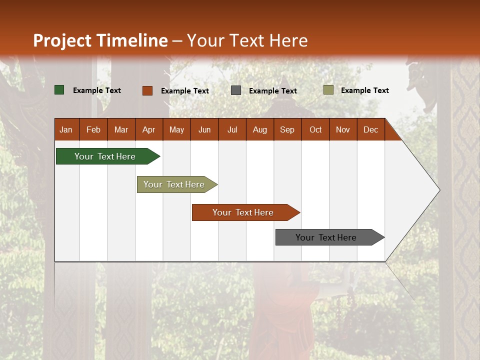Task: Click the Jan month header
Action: pos(66,129)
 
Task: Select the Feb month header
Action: pos(93,129)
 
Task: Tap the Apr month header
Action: pos(148,129)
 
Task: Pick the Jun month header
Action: pos(204,129)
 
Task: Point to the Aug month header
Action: pos(259,129)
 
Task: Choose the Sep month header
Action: pos(287,129)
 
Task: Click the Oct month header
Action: pos(315,129)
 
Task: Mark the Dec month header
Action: pos(370,129)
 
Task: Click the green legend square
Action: pos(59,90)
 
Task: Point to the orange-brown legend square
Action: pos(147,90)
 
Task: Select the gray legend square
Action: pos(236,90)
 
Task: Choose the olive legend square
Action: pos(328,90)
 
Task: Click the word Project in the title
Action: pos(62,40)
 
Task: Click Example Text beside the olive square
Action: pos(364,90)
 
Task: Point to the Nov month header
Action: pos(342,129)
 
